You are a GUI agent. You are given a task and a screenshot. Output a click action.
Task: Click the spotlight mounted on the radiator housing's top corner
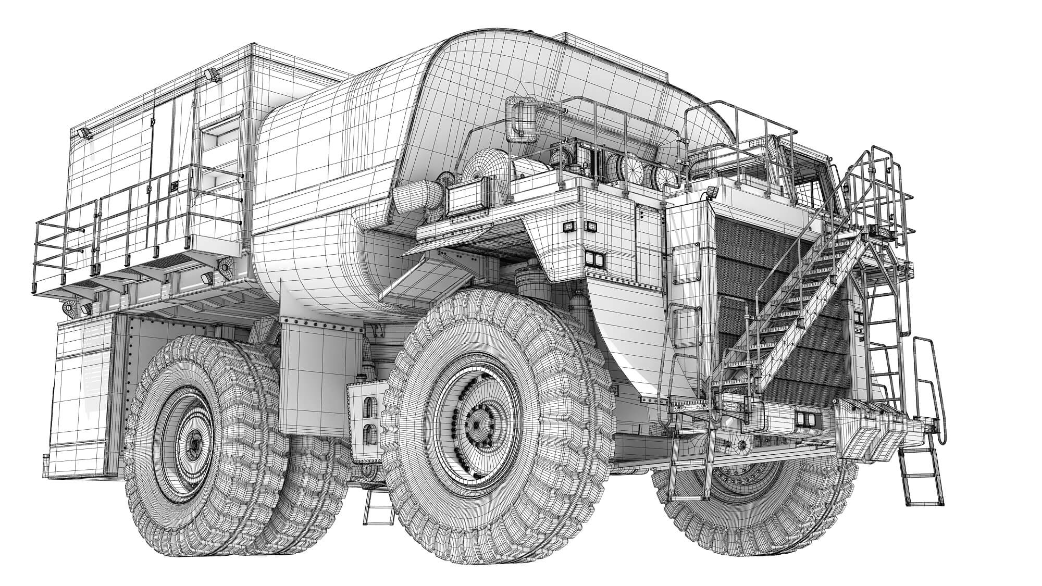[x=712, y=193]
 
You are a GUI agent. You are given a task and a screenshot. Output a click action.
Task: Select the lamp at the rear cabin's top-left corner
[x=84, y=134]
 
